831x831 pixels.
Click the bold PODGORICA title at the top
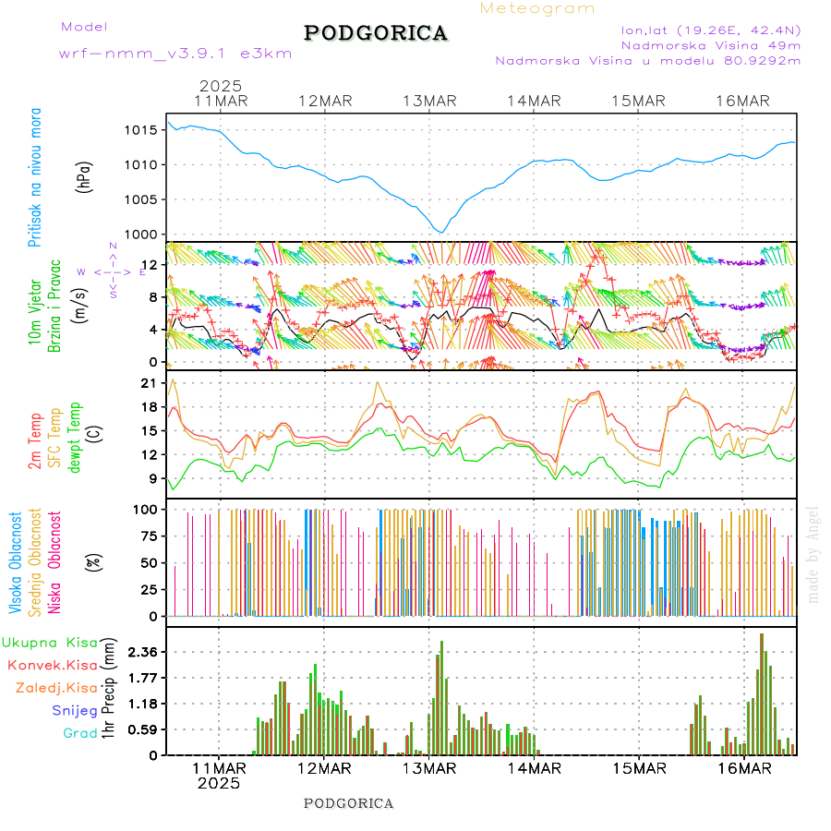click(x=376, y=33)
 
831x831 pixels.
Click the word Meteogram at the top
click(x=537, y=8)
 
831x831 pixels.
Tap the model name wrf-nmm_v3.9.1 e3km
click(x=175, y=54)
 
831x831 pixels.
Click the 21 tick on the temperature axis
click(x=146, y=383)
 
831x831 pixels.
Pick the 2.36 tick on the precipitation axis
click(x=140, y=652)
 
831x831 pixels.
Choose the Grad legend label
click(x=79, y=733)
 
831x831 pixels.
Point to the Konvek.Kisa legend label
click(x=52, y=665)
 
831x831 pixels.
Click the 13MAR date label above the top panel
click(x=429, y=101)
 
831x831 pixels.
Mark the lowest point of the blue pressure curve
click(x=442, y=232)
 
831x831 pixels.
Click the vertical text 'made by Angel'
click(x=813, y=554)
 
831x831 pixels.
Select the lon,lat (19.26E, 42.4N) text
click(x=710, y=30)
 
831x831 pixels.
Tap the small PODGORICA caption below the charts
click(x=348, y=803)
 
